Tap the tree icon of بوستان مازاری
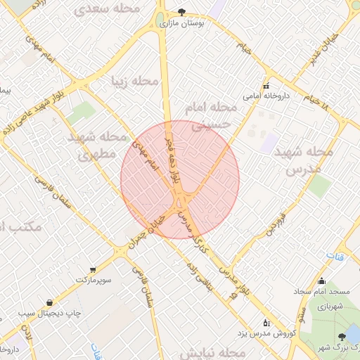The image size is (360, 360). tap(183, 12)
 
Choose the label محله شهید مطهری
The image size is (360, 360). tap(98, 146)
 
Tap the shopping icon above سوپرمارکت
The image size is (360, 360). tap(92, 269)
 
